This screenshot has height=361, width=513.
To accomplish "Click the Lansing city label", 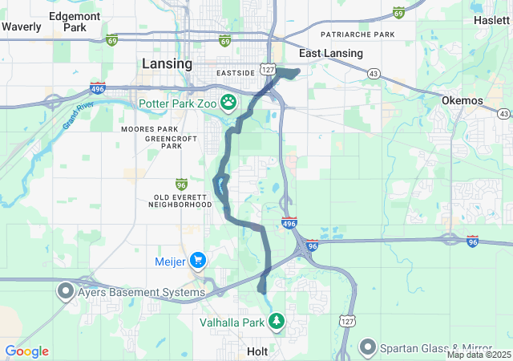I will click(x=166, y=63).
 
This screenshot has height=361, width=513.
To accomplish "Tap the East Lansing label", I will click(x=330, y=53).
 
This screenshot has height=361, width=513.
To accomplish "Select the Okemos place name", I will click(x=463, y=100).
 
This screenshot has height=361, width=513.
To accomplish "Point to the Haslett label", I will click(x=491, y=20).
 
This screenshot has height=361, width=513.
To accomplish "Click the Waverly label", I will click(x=21, y=26).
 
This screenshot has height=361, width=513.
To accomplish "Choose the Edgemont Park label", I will click(x=75, y=21).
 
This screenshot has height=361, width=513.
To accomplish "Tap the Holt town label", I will click(x=258, y=351).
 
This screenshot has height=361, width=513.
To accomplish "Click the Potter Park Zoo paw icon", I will click(x=229, y=103).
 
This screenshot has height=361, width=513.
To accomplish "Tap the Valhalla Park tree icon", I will click(x=277, y=322).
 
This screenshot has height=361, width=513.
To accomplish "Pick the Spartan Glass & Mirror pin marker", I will click(x=368, y=347).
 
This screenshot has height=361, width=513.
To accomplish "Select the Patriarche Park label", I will click(x=357, y=34).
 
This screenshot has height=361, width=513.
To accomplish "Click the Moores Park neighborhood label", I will click(x=149, y=128).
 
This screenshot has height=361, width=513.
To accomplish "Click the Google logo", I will click(x=26, y=351).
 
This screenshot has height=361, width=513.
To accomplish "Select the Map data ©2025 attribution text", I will click(x=479, y=355).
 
